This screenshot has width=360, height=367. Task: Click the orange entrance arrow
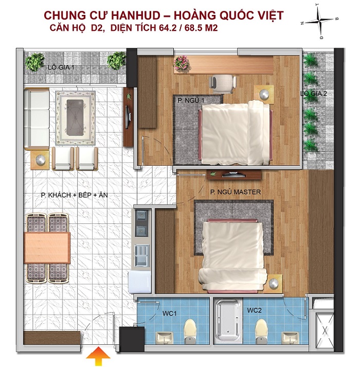[95, 355]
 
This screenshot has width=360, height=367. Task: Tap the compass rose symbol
[319, 21]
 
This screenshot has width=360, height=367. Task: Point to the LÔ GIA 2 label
[314, 94]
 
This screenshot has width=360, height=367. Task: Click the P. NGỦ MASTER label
[235, 192]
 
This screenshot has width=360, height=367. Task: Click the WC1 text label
[170, 312]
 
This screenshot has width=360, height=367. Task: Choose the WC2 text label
[255, 310]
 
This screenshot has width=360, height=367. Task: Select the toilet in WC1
[190, 328]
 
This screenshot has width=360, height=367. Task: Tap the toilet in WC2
[262, 328]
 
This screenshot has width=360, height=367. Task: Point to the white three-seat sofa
[36, 118]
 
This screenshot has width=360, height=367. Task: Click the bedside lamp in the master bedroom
[275, 283]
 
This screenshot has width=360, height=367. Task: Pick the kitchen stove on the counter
[142, 221]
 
